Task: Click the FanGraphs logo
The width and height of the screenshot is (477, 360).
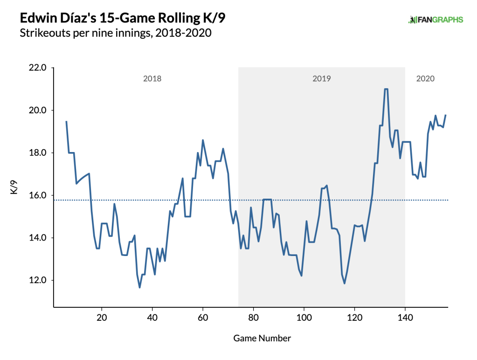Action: [436, 20]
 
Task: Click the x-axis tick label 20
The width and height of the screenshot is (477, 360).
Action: [101, 318]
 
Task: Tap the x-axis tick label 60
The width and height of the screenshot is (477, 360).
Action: [202, 318]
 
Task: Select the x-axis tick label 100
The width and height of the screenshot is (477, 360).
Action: [304, 318]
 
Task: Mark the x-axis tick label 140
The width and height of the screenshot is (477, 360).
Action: [405, 318]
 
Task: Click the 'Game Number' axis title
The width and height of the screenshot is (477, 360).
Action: [262, 338]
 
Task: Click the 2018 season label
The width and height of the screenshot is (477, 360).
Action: [152, 79]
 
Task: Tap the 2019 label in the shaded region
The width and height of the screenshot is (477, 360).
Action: [321, 79]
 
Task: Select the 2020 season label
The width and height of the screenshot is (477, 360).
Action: [425, 79]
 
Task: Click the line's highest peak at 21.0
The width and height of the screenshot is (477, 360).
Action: [386, 89]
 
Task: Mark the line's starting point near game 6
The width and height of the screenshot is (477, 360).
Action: [66, 122]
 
